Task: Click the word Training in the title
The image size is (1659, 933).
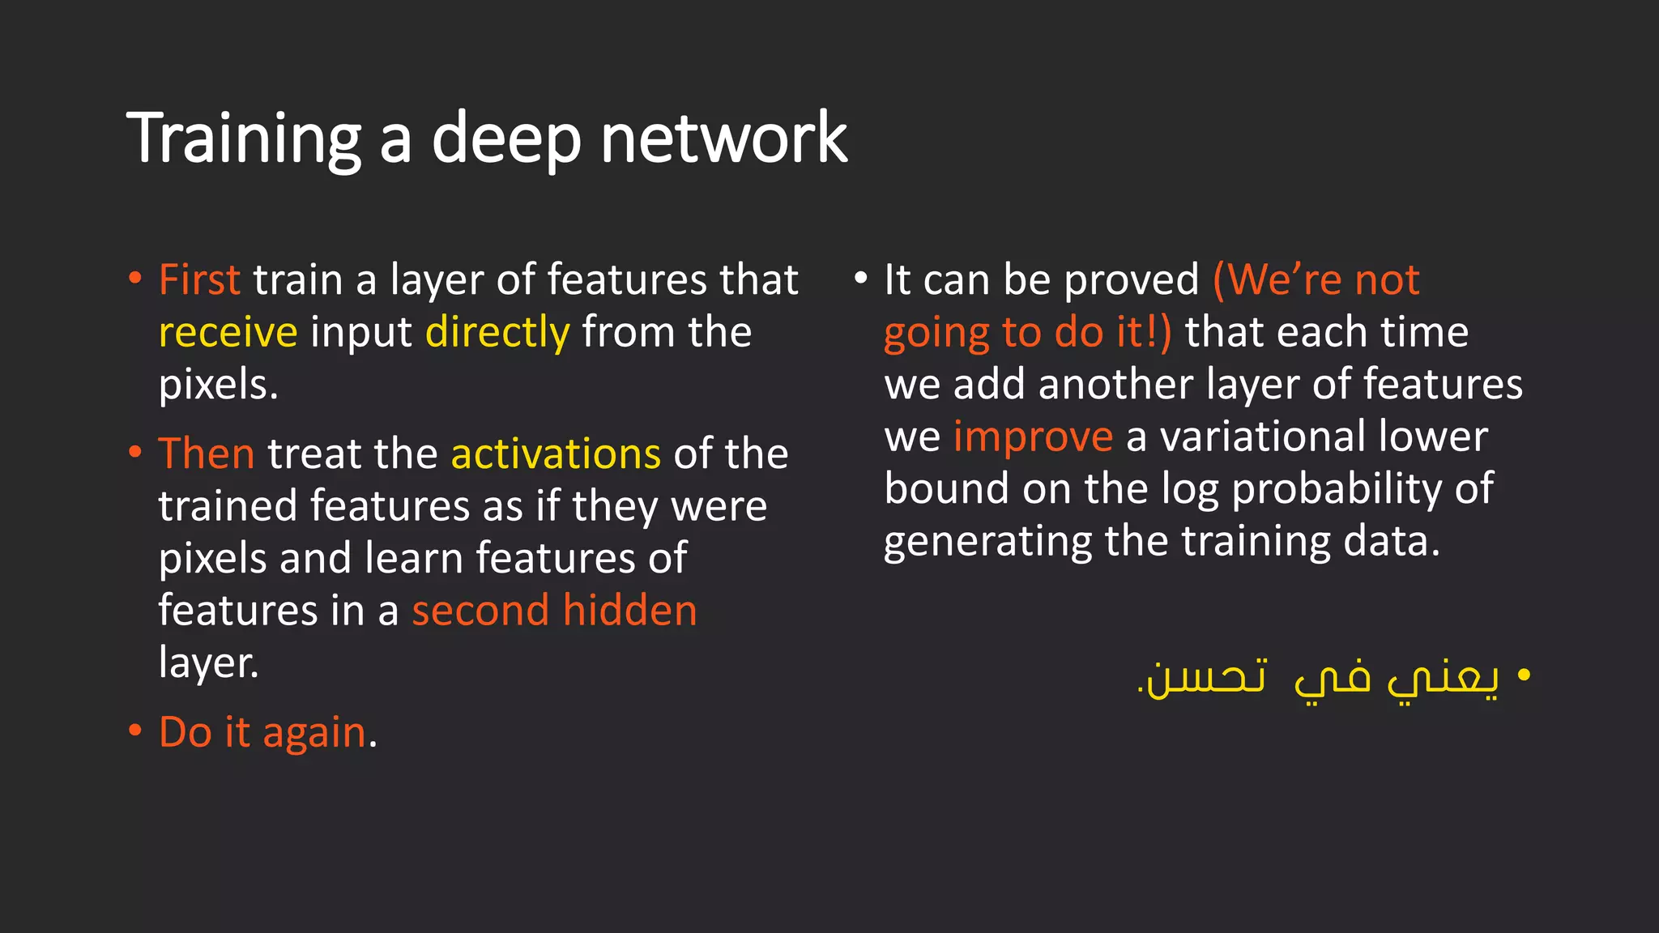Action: tap(243, 138)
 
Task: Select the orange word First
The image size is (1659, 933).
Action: tap(199, 280)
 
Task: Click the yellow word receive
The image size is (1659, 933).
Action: tap(228, 333)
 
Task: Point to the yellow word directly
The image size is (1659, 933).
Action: tap(497, 333)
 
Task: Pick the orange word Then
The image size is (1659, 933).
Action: tap(207, 454)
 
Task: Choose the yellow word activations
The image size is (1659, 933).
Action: tap(556, 454)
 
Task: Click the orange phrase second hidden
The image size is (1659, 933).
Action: tap(554, 611)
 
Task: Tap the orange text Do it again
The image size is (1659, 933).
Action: tap(262, 732)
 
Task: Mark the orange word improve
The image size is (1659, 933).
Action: tap(1033, 437)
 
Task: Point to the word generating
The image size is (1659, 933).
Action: tap(987, 542)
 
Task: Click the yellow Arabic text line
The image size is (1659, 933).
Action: tap(1319, 677)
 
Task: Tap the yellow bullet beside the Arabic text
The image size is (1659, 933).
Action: tap(1524, 674)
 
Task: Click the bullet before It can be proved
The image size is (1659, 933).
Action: tap(860, 279)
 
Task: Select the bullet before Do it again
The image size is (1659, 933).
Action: tap(135, 731)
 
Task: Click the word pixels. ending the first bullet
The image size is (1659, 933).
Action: tap(218, 385)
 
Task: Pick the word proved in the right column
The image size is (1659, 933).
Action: tap(1131, 280)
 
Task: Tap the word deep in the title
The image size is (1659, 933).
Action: tap(506, 138)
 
